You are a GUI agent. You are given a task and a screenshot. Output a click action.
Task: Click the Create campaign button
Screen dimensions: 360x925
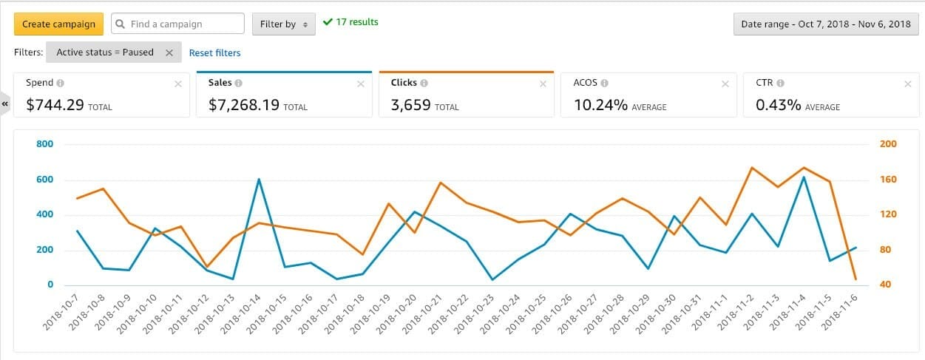58,24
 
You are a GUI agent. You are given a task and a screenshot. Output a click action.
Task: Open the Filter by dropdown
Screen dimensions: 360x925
283,24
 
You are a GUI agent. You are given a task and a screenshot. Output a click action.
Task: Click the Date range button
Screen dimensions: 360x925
826,24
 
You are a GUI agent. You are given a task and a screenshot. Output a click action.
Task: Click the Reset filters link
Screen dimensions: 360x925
214,52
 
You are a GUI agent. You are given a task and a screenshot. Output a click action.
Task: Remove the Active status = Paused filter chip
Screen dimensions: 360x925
169,52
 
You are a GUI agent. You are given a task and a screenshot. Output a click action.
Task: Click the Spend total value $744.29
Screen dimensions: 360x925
55,106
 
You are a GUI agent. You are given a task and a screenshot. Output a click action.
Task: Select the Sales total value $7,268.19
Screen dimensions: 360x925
244,106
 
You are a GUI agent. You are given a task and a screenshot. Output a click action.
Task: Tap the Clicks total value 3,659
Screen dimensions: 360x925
410,106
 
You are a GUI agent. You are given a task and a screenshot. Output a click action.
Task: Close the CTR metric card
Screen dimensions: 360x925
907,84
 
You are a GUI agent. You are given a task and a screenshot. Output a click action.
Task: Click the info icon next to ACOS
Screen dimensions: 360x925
604,84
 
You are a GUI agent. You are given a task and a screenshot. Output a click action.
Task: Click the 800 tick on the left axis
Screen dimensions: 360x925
45,144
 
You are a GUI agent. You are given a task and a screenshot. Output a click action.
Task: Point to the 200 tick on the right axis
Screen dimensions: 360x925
887,144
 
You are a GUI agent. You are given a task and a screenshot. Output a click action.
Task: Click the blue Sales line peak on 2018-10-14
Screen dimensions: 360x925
259,179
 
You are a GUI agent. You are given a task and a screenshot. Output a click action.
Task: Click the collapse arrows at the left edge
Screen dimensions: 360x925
5,104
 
